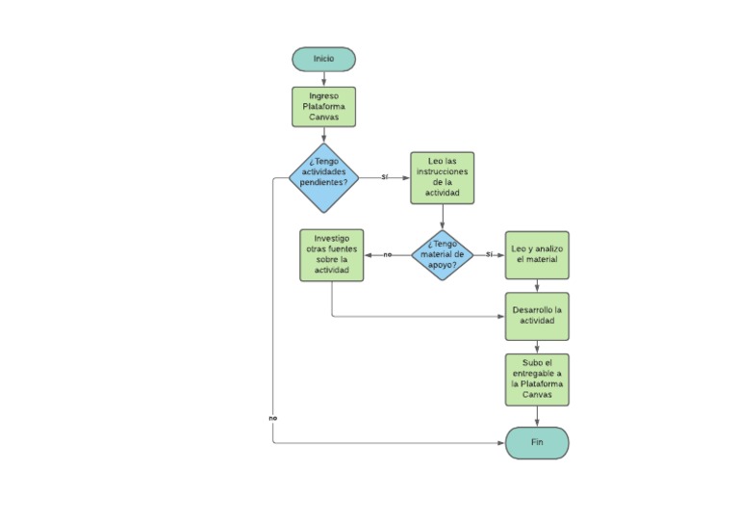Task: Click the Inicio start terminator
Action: pyautogui.click(x=323, y=59)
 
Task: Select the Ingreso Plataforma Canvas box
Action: pyautogui.click(x=323, y=107)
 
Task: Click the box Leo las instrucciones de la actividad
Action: pyautogui.click(x=442, y=177)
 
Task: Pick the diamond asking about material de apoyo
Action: pyautogui.click(x=442, y=255)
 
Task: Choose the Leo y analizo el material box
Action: pyautogui.click(x=537, y=254)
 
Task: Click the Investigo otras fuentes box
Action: pyautogui.click(x=332, y=254)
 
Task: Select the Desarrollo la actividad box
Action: pyautogui.click(x=537, y=316)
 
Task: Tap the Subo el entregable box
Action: pyautogui.click(x=537, y=379)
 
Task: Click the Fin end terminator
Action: pyautogui.click(x=537, y=442)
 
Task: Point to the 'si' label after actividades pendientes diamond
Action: pyautogui.click(x=384, y=177)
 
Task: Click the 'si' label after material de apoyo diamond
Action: pyautogui.click(x=489, y=254)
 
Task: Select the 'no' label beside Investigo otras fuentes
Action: pyautogui.click(x=387, y=254)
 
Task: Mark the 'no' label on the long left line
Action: pyautogui.click(x=272, y=418)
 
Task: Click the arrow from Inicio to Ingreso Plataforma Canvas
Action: pyautogui.click(x=323, y=79)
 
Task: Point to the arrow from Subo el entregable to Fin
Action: pyautogui.click(x=537, y=416)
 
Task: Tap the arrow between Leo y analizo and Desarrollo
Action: pyautogui.click(x=537, y=286)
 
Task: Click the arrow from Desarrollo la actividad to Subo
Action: pyautogui.click(x=537, y=347)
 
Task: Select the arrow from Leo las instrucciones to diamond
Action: pyautogui.click(x=442, y=217)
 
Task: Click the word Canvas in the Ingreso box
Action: pyautogui.click(x=323, y=118)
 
